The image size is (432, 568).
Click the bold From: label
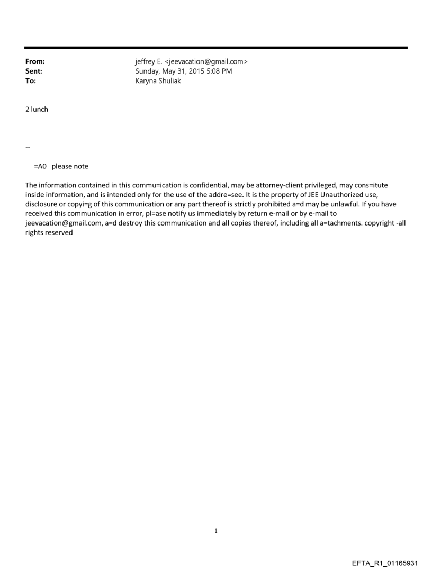click(35, 62)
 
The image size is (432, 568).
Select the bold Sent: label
click(34, 71)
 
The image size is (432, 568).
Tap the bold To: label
click(31, 81)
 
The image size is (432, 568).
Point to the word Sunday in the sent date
click(149, 71)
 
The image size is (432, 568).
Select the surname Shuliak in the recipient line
click(168, 81)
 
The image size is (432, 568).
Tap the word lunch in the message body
click(40, 109)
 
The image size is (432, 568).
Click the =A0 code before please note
click(41, 166)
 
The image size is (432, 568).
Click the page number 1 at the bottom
click(216, 530)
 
